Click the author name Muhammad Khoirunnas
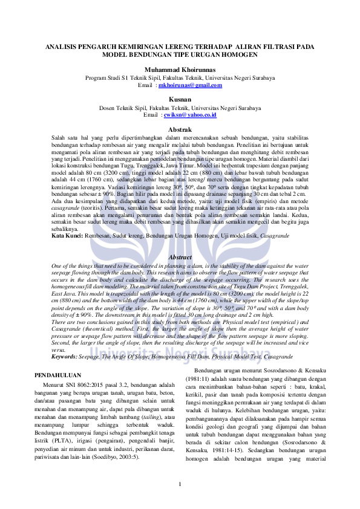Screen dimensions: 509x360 click(180, 70)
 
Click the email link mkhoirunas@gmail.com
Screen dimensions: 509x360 click(190, 85)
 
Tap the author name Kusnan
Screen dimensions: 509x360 click(180, 99)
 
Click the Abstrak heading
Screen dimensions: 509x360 click(180, 130)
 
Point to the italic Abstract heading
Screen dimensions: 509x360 click(180, 257)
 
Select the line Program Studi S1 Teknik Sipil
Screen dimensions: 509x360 click(180, 78)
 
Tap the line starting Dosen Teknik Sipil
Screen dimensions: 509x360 click(180, 108)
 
